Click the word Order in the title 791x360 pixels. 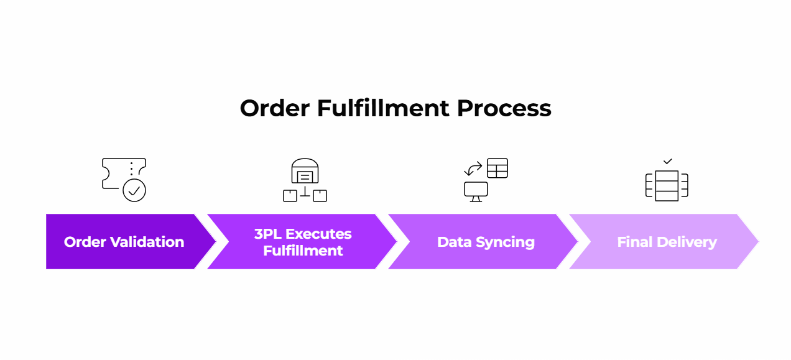(x=274, y=108)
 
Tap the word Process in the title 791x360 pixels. (x=504, y=108)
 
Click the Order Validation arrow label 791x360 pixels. (x=124, y=242)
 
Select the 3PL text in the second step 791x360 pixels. (x=268, y=234)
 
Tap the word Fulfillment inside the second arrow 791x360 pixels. (x=303, y=251)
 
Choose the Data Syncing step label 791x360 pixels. (x=486, y=242)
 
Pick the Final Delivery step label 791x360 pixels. (x=667, y=242)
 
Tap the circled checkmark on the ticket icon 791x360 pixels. (x=134, y=190)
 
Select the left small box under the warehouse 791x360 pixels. (x=290, y=195)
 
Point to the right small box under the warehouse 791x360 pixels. (x=320, y=195)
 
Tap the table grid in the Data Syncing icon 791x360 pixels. (x=497, y=168)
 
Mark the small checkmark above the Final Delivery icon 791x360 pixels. (x=667, y=162)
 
